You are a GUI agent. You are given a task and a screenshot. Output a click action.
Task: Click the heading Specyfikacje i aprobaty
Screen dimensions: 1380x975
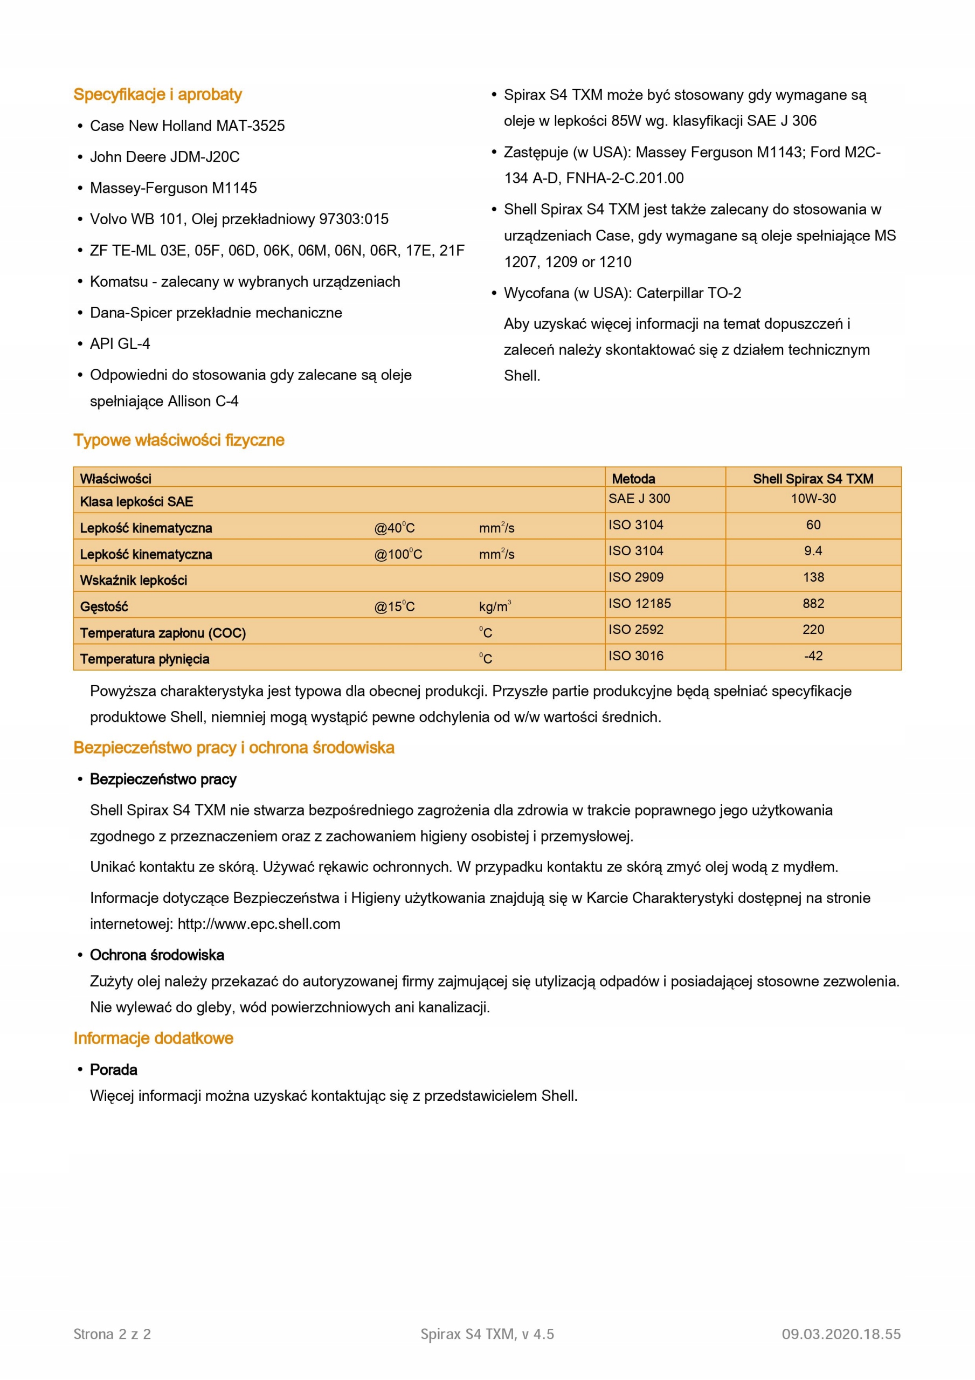point(157,94)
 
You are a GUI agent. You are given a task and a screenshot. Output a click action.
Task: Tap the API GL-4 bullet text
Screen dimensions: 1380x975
point(120,344)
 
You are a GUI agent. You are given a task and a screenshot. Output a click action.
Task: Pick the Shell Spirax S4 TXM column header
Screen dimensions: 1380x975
point(813,479)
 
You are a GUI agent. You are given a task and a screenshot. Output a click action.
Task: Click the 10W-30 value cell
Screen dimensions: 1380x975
point(813,498)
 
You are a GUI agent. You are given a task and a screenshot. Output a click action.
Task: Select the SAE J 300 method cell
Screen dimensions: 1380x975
point(639,498)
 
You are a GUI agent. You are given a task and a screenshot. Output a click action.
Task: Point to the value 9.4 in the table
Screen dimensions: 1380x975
point(813,550)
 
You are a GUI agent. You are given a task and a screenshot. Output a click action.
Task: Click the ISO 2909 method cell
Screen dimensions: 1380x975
point(636,577)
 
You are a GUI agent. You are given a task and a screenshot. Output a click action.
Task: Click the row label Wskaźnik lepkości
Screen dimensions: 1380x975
point(134,580)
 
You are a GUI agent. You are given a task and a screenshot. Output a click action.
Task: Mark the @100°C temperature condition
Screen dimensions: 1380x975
point(398,554)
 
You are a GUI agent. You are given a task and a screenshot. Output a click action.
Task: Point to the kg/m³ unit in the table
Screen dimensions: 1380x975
point(495,606)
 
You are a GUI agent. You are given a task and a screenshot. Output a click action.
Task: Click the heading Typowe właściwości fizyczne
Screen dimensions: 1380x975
point(178,440)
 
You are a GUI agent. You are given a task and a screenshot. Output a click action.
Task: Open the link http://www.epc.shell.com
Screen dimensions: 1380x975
point(259,924)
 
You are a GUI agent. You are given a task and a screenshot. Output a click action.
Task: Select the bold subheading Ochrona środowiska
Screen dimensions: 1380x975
point(157,955)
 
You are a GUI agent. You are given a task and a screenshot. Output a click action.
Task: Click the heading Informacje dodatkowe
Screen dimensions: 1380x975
point(153,1038)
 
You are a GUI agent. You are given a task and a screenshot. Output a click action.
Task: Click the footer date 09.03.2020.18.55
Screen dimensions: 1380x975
point(841,1334)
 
